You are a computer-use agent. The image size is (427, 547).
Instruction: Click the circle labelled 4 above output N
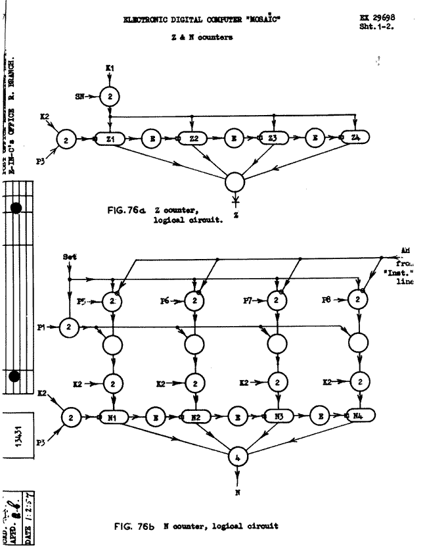(x=237, y=455)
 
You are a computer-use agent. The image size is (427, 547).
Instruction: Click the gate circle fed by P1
(x=68, y=325)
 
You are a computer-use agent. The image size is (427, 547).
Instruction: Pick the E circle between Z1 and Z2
(x=150, y=139)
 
